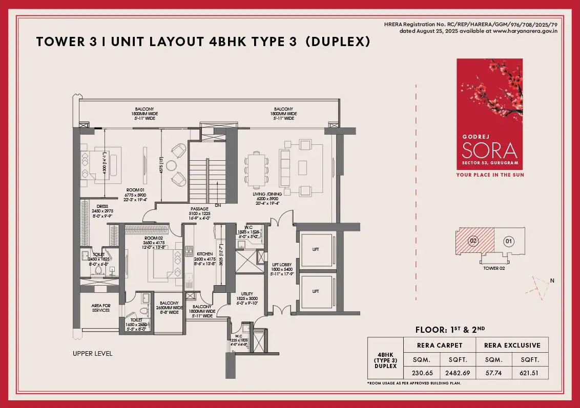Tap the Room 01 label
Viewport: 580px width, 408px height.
[x=136, y=190]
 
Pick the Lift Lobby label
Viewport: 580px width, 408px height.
[x=282, y=265]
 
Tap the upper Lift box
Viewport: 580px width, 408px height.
[x=316, y=249]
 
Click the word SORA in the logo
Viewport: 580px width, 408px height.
[x=489, y=150]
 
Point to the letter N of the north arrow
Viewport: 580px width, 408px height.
[x=552, y=280]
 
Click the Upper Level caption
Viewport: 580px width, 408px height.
[x=92, y=353]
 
